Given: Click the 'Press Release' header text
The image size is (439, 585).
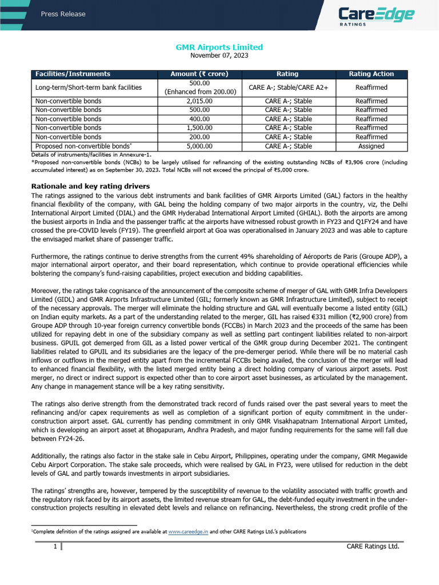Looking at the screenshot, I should (x=63, y=14).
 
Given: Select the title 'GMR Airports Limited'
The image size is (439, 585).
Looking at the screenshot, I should (x=219, y=47).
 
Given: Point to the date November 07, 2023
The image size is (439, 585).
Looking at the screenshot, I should (x=219, y=55).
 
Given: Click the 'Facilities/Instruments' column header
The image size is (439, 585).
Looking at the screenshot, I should (x=73, y=74).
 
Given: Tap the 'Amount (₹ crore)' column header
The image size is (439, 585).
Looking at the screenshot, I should (x=199, y=74).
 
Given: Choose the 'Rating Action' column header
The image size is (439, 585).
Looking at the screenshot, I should (x=371, y=74).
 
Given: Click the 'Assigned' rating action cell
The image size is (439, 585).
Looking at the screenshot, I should (x=371, y=146).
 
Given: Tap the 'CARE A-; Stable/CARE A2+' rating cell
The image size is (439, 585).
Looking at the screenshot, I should (x=288, y=87).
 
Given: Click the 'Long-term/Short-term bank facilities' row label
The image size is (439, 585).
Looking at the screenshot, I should (x=88, y=87).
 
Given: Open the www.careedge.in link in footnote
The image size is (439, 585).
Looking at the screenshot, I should (x=188, y=531).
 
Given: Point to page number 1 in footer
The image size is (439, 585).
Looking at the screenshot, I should (x=55, y=547).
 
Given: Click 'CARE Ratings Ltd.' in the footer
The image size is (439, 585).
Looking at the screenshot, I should (x=373, y=547).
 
